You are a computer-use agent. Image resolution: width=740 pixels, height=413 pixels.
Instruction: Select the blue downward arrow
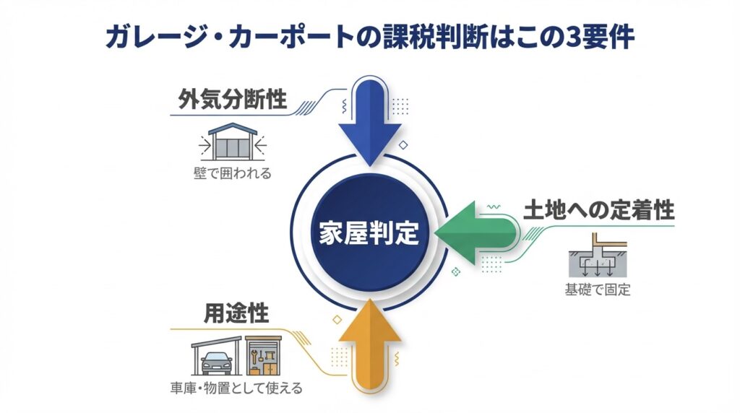click(369, 123)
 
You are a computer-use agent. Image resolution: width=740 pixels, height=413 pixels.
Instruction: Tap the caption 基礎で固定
click(597, 291)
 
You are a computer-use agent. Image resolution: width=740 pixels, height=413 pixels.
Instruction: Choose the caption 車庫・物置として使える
click(242, 388)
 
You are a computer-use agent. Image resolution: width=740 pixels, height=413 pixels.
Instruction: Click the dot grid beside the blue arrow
click(400, 107)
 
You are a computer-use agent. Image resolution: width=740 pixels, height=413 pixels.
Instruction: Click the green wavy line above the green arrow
click(496, 207)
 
